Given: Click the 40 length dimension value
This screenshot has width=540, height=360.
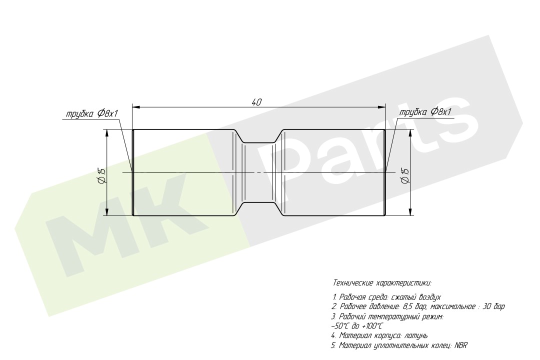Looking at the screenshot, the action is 257,102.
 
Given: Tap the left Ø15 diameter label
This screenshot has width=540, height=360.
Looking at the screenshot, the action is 101,175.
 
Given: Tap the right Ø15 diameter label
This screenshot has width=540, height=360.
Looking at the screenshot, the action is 405,175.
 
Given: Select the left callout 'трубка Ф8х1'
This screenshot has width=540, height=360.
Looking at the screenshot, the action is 92,113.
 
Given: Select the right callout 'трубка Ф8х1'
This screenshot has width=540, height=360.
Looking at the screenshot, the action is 425,112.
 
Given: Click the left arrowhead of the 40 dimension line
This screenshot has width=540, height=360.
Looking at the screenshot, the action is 135,107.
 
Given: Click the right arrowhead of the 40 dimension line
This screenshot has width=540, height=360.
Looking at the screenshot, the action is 381,107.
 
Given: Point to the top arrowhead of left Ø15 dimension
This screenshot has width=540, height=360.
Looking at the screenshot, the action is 107,133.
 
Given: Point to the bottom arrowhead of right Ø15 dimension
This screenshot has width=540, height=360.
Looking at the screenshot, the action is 410,212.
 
